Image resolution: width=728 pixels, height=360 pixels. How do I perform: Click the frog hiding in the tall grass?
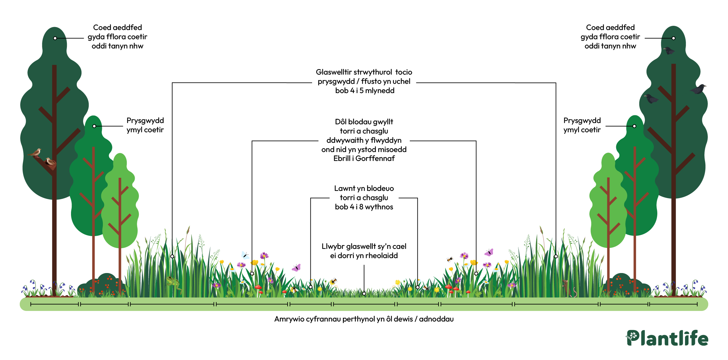pyautogui.click(x=174, y=283)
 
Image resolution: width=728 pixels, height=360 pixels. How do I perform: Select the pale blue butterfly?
pyautogui.click(x=245, y=255)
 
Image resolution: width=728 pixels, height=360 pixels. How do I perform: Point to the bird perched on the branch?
pyautogui.click(x=35, y=153)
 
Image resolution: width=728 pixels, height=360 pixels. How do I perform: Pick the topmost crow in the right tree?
pyautogui.click(x=669, y=50)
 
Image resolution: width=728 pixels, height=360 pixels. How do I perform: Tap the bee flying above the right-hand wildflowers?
pyautogui.click(x=450, y=259)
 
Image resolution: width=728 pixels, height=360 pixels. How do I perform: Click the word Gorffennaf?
pyautogui.click(x=375, y=158)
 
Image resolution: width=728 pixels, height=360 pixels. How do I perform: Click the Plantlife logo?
pyautogui.click(x=667, y=338)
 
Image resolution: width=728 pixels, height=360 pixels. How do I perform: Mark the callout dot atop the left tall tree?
pyautogui.click(x=55, y=38)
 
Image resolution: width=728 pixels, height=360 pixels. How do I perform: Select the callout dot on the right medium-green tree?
pyautogui.click(x=634, y=126)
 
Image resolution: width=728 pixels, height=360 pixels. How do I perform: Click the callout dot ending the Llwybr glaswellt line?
pyautogui.click(x=364, y=294)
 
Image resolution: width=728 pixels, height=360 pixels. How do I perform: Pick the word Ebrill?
pyautogui.click(x=342, y=158)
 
